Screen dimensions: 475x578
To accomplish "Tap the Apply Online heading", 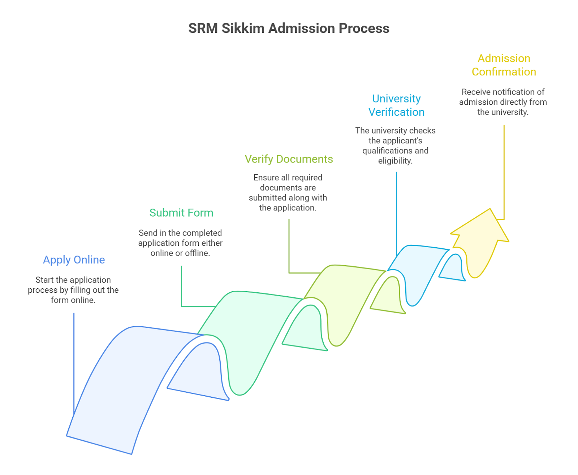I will click(x=74, y=260).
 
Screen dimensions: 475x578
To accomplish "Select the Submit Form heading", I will click(x=181, y=213).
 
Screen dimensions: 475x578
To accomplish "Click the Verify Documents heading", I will click(x=289, y=159).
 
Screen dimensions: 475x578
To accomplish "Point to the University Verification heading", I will click(x=396, y=105).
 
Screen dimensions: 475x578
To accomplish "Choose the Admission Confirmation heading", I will click(x=504, y=65).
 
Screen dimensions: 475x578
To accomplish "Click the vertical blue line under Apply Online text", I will click(x=74, y=361).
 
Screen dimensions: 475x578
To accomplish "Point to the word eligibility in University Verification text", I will click(x=395, y=161).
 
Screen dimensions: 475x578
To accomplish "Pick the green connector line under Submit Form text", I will click(x=181, y=289).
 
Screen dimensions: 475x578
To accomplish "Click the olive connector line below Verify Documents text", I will click(x=289, y=249).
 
